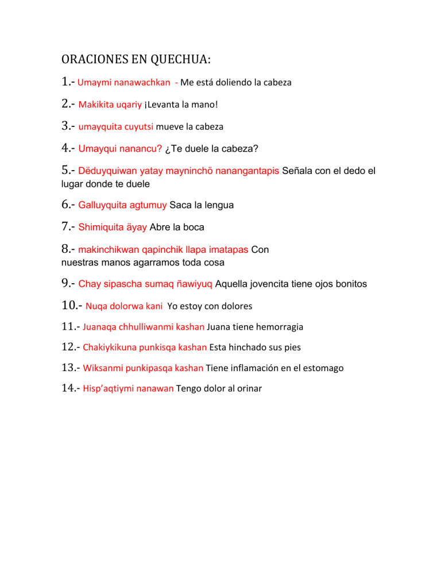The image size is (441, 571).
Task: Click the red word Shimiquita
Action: coord(100,227)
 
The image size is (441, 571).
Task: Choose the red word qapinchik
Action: coord(142,250)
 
